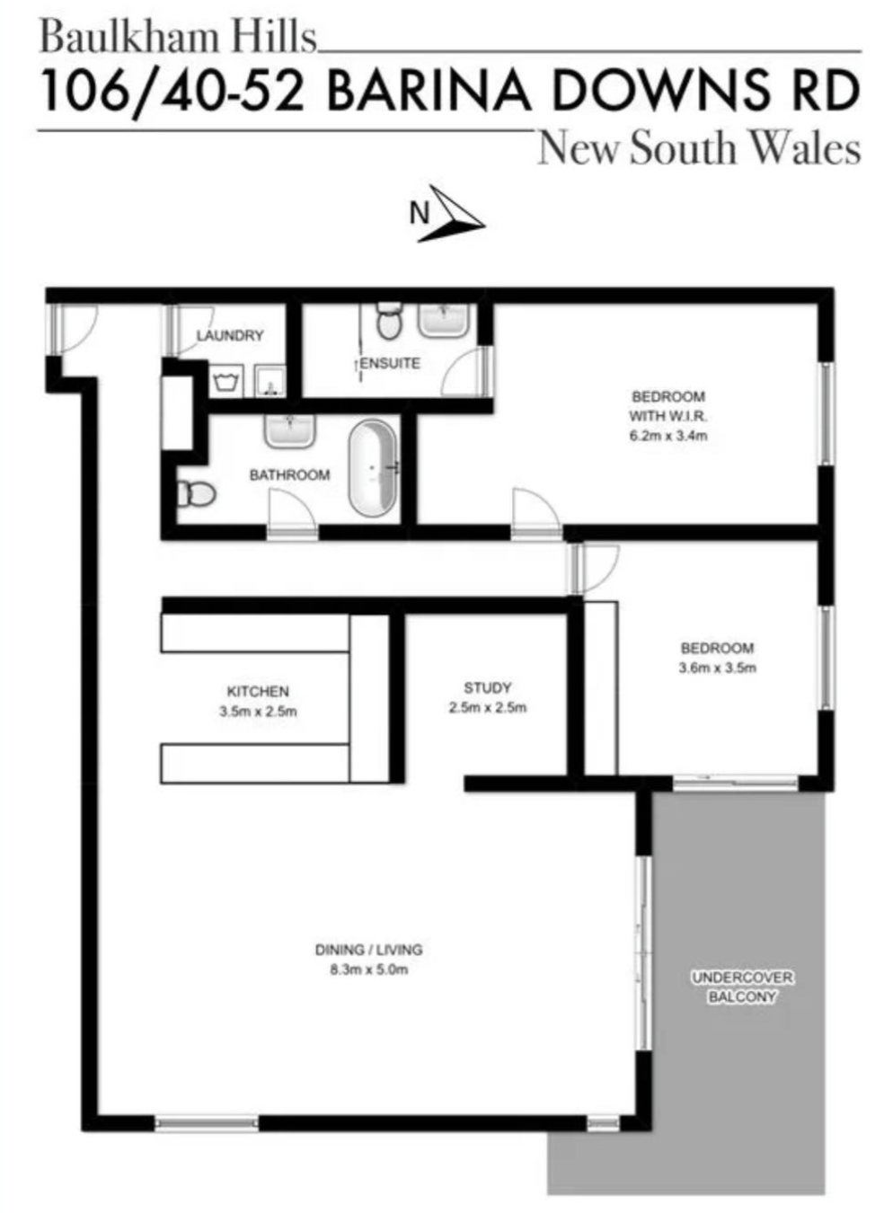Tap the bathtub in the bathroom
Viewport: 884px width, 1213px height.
click(373, 467)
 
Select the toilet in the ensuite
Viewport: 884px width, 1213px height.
click(389, 321)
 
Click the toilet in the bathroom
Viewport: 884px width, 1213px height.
click(197, 494)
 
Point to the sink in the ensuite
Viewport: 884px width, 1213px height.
click(443, 320)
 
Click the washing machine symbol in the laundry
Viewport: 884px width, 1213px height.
click(226, 382)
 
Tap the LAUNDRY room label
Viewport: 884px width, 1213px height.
click(229, 336)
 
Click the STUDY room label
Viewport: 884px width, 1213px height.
click(487, 687)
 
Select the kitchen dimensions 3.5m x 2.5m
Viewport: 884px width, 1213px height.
click(258, 712)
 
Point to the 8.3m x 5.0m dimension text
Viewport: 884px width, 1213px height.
click(368, 970)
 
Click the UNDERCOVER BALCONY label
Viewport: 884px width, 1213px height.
click(742, 987)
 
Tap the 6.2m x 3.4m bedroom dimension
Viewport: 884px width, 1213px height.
click(668, 436)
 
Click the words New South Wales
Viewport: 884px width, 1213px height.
click(700, 148)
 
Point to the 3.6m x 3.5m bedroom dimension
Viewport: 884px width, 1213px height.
click(717, 668)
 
